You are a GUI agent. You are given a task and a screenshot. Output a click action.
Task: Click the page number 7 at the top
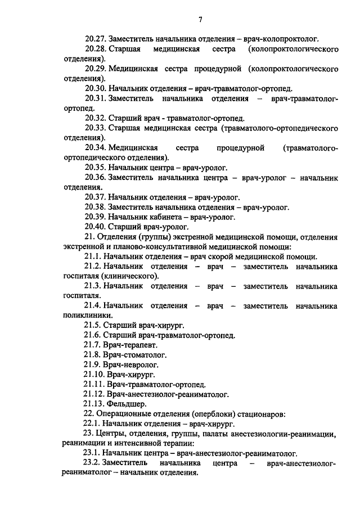pos(200,20)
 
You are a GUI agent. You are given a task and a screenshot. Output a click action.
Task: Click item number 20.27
pos(95,39)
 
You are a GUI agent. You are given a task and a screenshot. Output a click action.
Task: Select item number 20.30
pos(95,89)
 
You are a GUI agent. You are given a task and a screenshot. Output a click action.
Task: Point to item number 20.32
pos(95,118)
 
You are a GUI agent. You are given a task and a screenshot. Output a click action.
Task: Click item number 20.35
pos(95,168)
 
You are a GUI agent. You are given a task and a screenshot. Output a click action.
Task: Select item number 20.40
pos(95,227)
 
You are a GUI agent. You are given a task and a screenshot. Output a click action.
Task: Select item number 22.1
pos(93,424)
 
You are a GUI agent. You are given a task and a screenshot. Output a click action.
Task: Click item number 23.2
pos(93,463)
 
